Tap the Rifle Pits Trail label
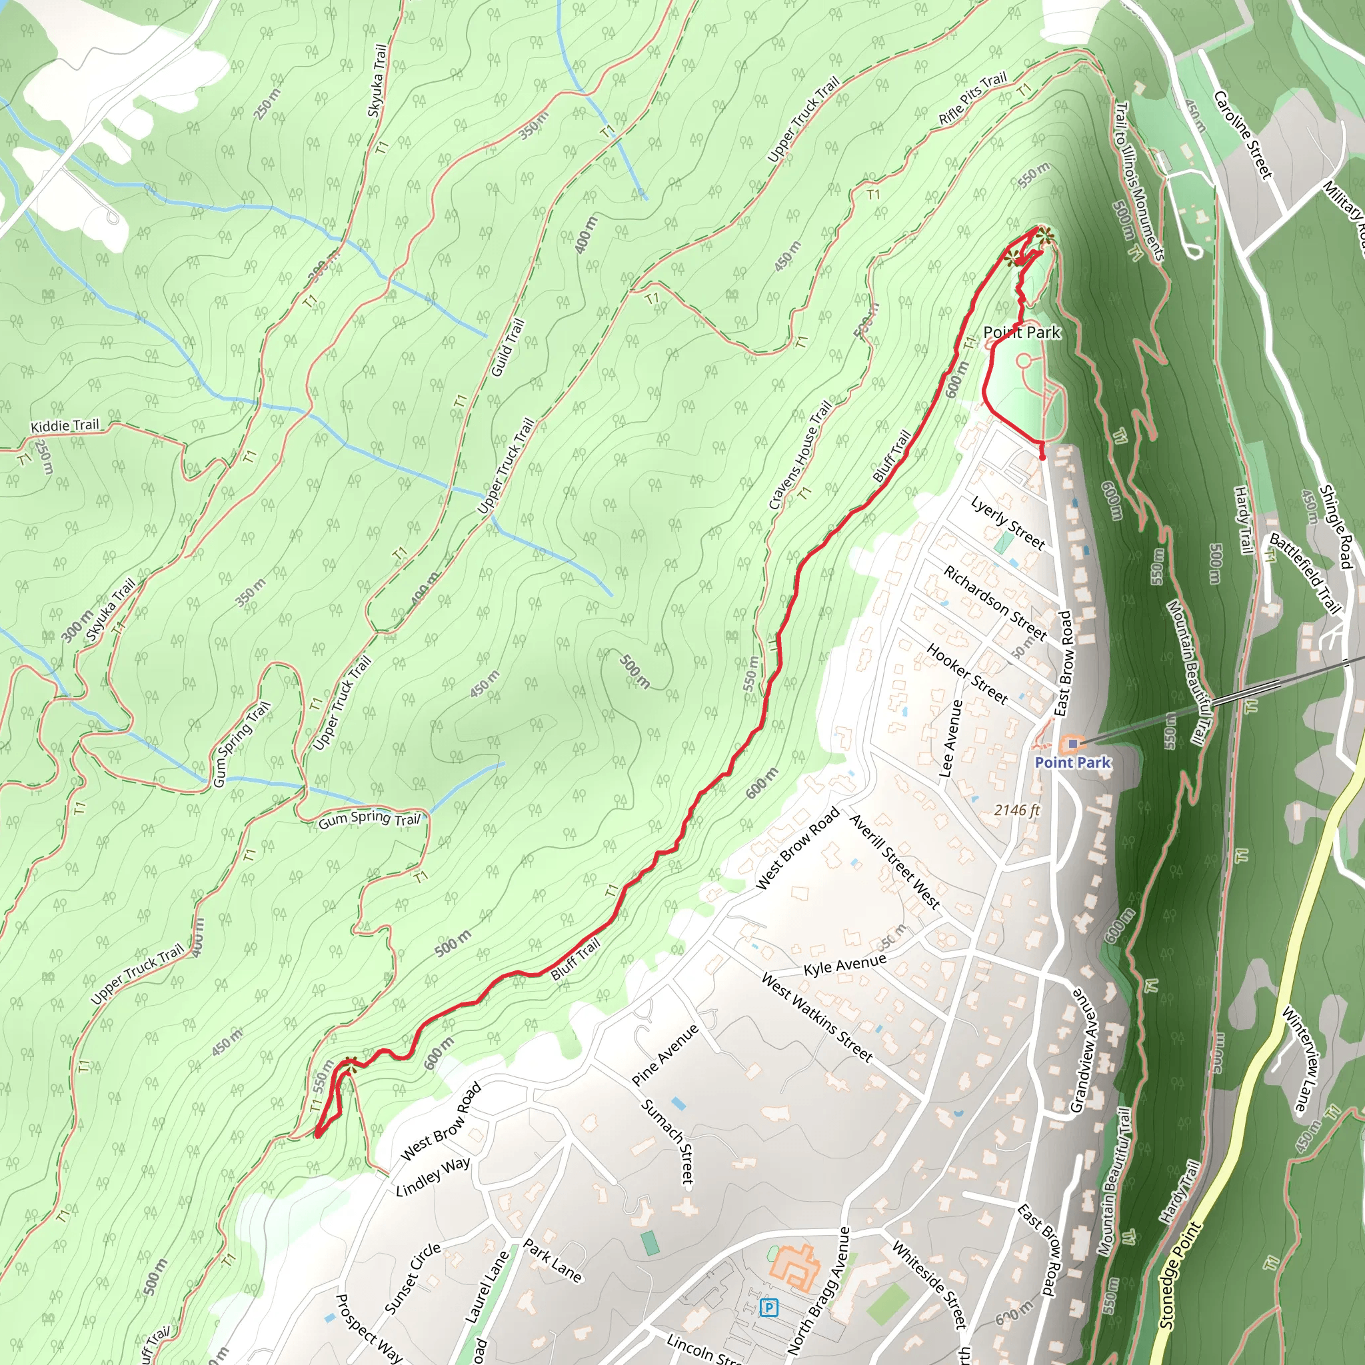click(972, 99)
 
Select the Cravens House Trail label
click(800, 455)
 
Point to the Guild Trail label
click(508, 348)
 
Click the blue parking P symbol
click(768, 1308)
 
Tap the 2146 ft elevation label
click(1016, 810)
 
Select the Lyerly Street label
click(1008, 523)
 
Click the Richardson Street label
click(996, 603)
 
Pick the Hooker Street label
click(966, 673)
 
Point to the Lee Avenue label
click(951, 739)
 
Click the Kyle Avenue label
click(844, 965)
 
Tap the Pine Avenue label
click(665, 1055)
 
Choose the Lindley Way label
click(433, 1177)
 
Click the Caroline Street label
click(1243, 134)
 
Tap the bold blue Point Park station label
click(1072, 762)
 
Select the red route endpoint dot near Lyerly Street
click(1042, 457)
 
